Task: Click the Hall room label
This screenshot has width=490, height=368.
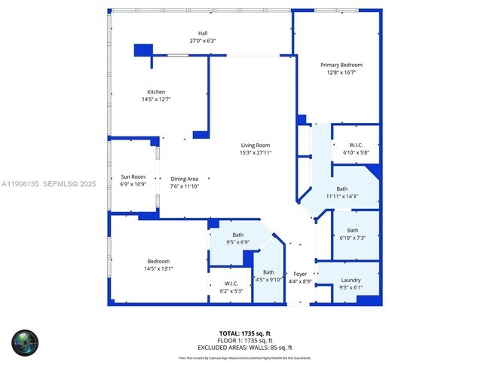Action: (x=202, y=33)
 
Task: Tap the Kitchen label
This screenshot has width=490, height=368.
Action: (x=156, y=91)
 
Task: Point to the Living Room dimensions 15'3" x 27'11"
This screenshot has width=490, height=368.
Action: (x=255, y=152)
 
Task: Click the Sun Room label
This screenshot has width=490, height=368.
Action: (x=133, y=176)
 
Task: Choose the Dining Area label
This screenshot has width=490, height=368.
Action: (x=185, y=178)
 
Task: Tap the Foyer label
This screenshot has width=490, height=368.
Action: (x=300, y=274)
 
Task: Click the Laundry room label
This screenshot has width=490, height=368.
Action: (x=351, y=280)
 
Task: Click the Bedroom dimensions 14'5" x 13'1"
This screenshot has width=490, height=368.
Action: (x=158, y=268)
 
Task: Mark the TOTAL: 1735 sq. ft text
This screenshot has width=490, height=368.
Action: (x=244, y=333)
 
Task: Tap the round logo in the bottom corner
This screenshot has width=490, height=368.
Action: (x=23, y=343)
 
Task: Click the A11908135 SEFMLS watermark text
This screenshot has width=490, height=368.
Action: (x=48, y=183)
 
